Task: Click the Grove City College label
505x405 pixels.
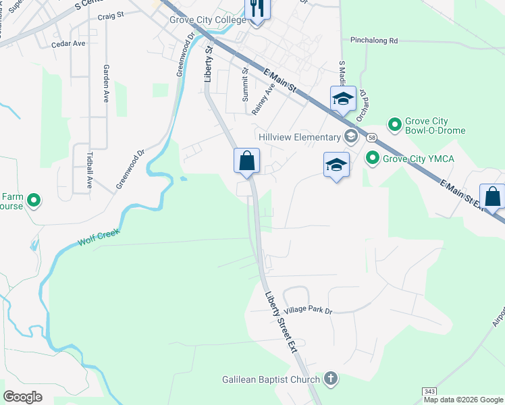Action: pyautogui.click(x=208, y=20)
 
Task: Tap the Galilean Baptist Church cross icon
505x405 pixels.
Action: pyautogui.click(x=330, y=379)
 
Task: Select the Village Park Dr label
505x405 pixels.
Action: pyautogui.click(x=309, y=310)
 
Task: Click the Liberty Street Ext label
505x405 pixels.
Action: pyautogui.click(x=280, y=321)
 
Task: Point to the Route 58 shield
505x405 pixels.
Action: pyautogui.click(x=371, y=137)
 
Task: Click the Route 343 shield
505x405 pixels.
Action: pyautogui.click(x=429, y=391)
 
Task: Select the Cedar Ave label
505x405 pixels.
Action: pyautogui.click(x=68, y=44)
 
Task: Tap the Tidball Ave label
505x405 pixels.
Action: pyautogui.click(x=90, y=165)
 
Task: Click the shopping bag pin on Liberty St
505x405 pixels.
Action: pyautogui.click(x=247, y=162)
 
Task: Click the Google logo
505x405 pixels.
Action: pyautogui.click(x=23, y=397)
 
